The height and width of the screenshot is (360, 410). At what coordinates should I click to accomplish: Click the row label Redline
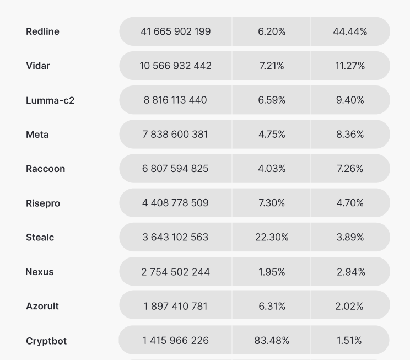point(42,31)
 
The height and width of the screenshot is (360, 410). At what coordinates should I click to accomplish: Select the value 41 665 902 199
point(175,31)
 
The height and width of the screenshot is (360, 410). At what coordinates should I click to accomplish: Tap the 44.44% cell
point(350,31)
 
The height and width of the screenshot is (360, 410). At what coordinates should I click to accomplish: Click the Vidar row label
point(38,66)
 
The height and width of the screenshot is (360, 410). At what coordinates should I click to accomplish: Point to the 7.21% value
point(272,66)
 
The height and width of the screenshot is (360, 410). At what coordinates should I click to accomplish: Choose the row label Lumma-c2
point(50,100)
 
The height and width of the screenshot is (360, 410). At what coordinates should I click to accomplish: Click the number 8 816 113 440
point(175,100)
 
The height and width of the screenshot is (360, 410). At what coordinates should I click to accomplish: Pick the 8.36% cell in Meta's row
point(350,134)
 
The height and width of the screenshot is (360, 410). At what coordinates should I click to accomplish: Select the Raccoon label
point(45,169)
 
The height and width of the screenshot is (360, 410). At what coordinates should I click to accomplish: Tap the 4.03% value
point(272,168)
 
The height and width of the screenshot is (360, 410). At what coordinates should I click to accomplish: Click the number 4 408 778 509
point(175,203)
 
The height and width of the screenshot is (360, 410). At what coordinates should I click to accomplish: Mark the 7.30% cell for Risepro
point(272,203)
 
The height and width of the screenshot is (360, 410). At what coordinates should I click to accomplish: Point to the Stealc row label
point(40,238)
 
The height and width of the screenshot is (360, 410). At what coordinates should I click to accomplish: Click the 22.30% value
point(272,237)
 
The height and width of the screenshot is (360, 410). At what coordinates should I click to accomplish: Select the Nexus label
point(40,272)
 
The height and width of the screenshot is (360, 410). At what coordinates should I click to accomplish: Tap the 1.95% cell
point(272,272)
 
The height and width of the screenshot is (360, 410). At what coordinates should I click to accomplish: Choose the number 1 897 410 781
point(175,306)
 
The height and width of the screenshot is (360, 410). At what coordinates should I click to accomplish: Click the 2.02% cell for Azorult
point(350,306)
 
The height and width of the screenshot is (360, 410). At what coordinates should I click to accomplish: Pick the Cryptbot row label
point(46,341)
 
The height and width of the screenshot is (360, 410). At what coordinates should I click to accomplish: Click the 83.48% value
point(272,340)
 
